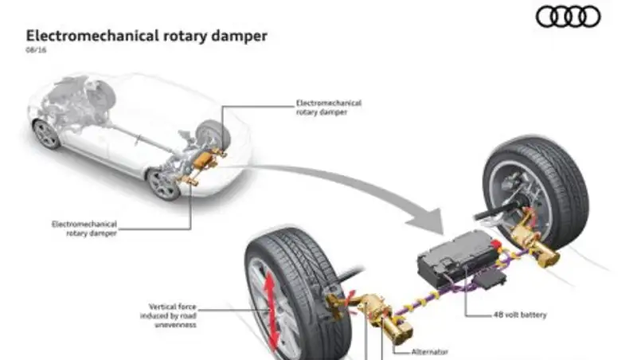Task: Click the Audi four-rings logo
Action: pos(568,17)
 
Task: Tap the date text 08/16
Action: pos(36,50)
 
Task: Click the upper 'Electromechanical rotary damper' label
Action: pos(328,108)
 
